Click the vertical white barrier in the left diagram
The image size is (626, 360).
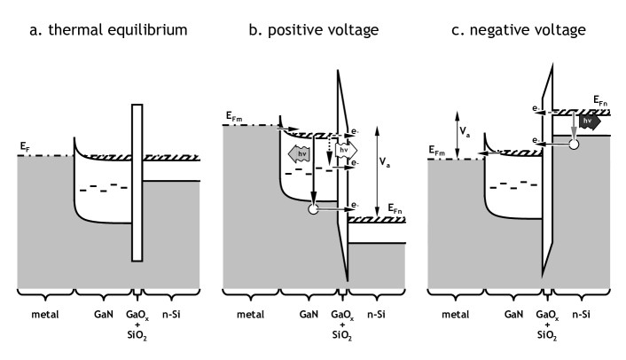tap(137, 184)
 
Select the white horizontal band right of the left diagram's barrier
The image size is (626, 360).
tap(173, 170)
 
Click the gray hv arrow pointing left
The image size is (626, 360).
tap(300, 154)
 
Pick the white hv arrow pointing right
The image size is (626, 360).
tap(345, 151)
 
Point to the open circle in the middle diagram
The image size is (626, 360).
tap(313, 209)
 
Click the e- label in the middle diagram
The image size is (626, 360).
tap(353, 205)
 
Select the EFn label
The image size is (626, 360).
tap(395, 209)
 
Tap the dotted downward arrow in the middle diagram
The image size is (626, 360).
tap(329, 152)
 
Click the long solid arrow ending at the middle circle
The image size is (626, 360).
tap(313, 173)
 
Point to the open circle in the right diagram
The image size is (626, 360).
tap(574, 144)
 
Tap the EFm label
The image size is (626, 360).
tap(437, 153)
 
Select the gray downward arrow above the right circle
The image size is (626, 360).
tap(574, 127)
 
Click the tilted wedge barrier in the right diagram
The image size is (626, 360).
tap(547, 177)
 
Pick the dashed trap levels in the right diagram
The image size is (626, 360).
tap(513, 185)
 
